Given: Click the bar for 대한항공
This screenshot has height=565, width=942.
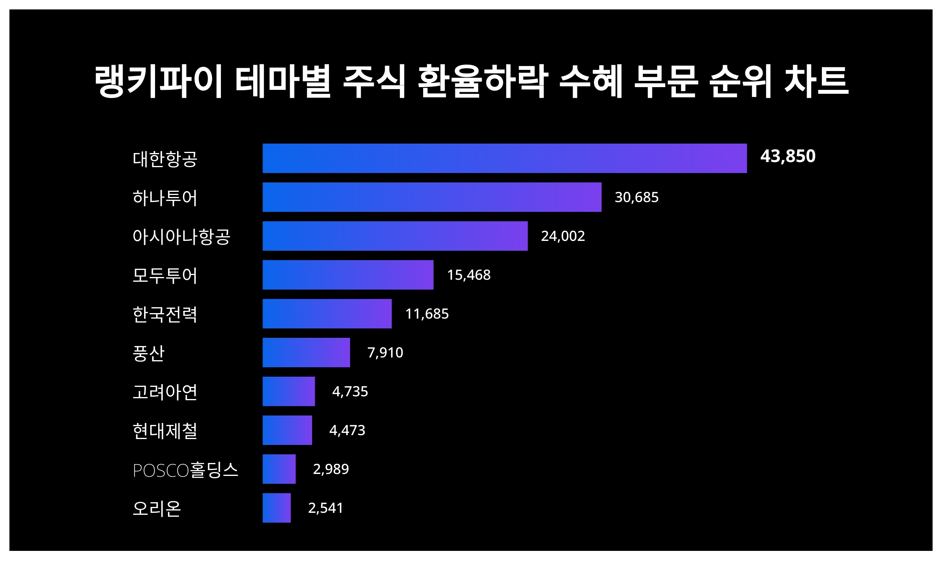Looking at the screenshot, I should [x=504, y=158].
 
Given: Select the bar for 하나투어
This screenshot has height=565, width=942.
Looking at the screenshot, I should [x=432, y=197].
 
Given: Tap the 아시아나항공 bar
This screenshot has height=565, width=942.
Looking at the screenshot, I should [x=395, y=236].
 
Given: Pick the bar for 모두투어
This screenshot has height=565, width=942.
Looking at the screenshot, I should [x=348, y=275].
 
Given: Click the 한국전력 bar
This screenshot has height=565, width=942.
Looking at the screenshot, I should [x=327, y=313].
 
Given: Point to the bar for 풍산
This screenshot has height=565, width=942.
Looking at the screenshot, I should [x=306, y=352].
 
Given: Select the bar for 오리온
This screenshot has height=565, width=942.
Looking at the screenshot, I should [x=276, y=508].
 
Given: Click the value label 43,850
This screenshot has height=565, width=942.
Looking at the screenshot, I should [x=788, y=156].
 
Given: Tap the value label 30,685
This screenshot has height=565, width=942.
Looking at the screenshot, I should [x=636, y=197].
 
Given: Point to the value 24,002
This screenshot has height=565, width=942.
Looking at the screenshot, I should [x=563, y=236].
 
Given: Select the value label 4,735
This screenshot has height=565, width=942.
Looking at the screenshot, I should [x=350, y=391].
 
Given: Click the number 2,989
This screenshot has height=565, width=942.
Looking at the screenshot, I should [x=330, y=469].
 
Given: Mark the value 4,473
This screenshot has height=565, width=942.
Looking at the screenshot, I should [x=347, y=430].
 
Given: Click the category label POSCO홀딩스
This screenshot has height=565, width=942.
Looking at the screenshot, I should [x=185, y=470].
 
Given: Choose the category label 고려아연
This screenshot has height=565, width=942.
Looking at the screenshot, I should [x=165, y=392].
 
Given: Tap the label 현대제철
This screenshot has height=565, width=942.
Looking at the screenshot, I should [x=165, y=431].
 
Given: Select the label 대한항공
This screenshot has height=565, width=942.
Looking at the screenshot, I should [x=165, y=159].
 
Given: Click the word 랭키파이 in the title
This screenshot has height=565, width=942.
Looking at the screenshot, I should [x=159, y=82].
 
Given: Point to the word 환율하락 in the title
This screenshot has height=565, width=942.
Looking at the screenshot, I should [x=482, y=82].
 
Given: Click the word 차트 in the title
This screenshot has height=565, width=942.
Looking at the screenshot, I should [x=816, y=82].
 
